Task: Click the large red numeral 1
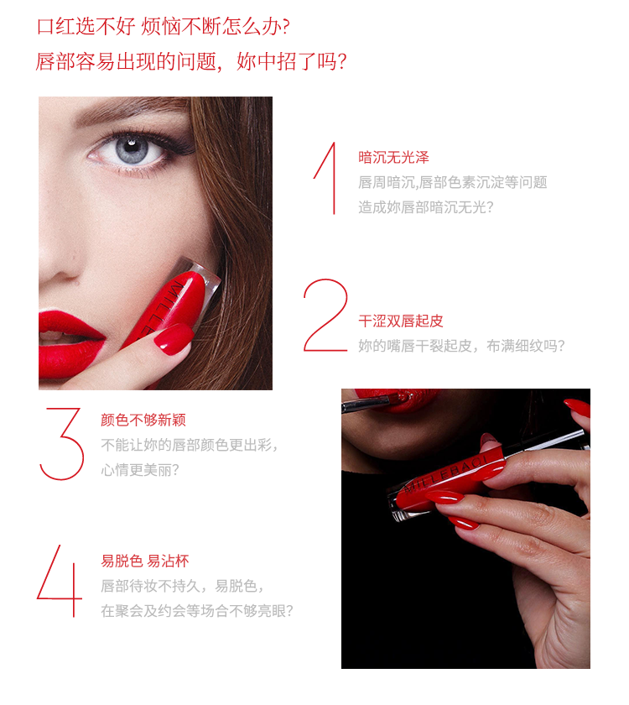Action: point(331,180)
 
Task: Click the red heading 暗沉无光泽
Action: point(393,158)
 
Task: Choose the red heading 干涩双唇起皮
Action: point(401,321)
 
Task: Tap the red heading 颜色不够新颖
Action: point(143,420)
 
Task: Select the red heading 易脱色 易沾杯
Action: point(145,561)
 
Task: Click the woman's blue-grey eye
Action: point(131,149)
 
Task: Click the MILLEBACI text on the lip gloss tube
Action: point(444,474)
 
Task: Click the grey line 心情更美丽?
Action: point(140,470)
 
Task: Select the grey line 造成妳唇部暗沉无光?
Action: point(426,207)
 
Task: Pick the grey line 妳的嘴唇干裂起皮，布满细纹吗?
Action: point(461,346)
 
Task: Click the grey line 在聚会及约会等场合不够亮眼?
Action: point(197,611)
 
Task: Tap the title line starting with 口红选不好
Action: point(164,27)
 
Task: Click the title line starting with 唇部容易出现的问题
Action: point(191,61)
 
